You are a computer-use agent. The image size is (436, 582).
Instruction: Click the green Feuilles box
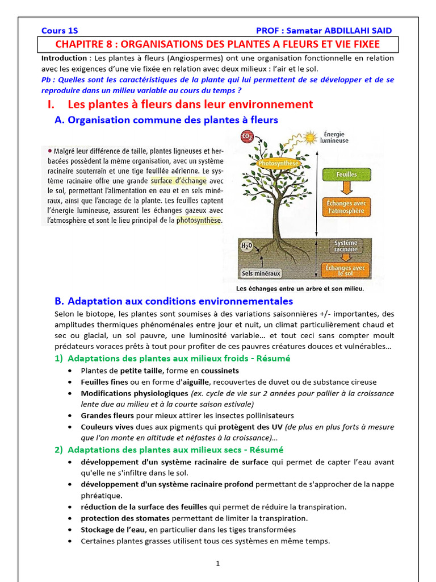click(346, 174)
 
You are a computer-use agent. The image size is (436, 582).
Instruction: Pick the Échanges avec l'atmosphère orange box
click(346, 207)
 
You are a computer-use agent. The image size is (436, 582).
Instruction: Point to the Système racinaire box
click(346, 246)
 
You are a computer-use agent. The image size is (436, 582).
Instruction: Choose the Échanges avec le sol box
click(346, 271)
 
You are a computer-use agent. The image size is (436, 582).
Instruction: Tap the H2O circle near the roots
click(246, 246)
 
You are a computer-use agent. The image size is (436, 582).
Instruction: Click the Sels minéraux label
click(262, 273)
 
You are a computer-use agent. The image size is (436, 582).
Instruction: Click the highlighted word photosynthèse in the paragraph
click(199, 220)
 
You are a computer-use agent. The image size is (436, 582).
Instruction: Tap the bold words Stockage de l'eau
click(113, 530)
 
